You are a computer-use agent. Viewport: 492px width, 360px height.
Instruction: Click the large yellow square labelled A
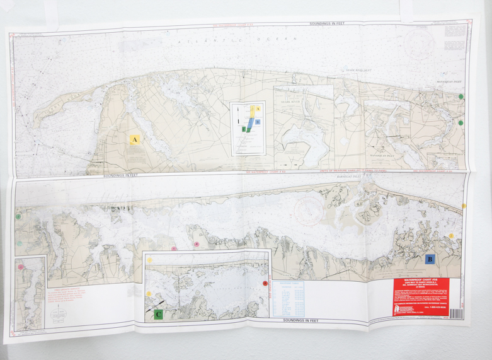135,138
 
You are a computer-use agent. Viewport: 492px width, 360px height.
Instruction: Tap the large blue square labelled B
430,258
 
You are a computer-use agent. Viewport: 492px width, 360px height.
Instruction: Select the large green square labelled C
159,313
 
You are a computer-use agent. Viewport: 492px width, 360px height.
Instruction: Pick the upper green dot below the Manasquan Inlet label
461,96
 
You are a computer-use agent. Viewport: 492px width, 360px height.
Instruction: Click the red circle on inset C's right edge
264,284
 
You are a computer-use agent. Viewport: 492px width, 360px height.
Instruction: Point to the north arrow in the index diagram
237,115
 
